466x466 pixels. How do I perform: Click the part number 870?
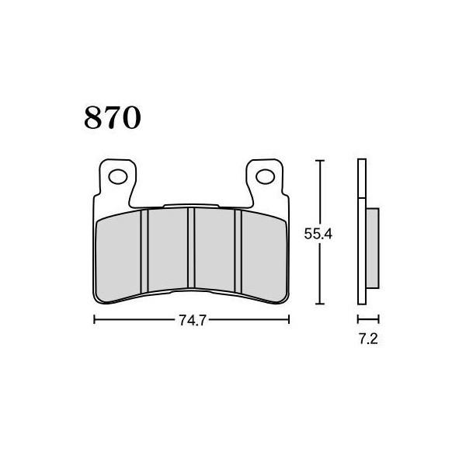point(113,117)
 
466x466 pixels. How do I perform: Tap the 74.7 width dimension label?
point(193,321)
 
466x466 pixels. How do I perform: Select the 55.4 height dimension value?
point(318,234)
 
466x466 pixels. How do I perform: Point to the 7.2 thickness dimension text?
point(368,339)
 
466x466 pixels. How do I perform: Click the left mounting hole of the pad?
point(118,177)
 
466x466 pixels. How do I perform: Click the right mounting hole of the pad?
point(265,176)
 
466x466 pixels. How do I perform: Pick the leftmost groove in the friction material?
point(144,252)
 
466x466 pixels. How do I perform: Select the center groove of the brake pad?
point(191,248)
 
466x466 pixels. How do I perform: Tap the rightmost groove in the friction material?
point(238,251)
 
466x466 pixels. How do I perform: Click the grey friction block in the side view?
point(372,249)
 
